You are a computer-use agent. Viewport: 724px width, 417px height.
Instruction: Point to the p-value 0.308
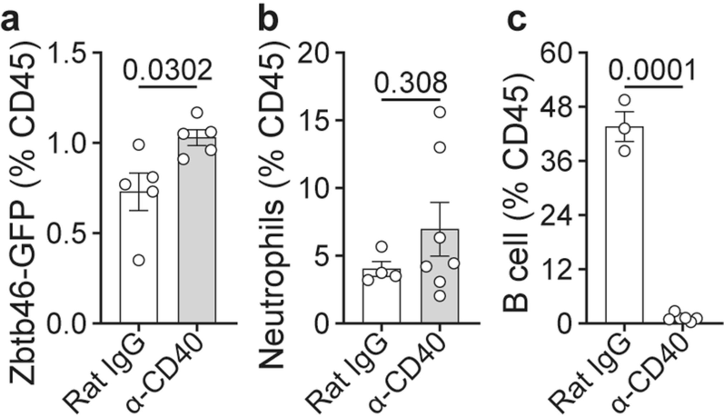411,83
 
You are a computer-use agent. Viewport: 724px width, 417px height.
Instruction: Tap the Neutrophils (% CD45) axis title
271,211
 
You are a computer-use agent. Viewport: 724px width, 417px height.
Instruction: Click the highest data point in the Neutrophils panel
440,112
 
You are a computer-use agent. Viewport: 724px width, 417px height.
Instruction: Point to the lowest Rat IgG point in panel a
139,260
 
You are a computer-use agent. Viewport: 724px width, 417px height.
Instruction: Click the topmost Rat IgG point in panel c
625,100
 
